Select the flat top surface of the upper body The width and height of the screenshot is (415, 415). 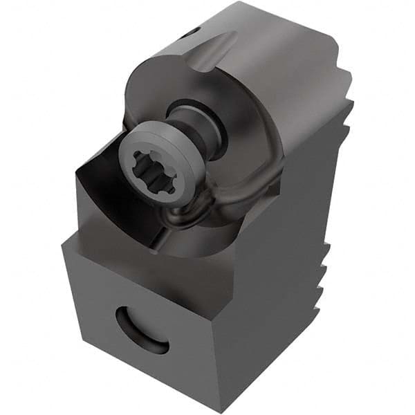(x=277, y=41)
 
